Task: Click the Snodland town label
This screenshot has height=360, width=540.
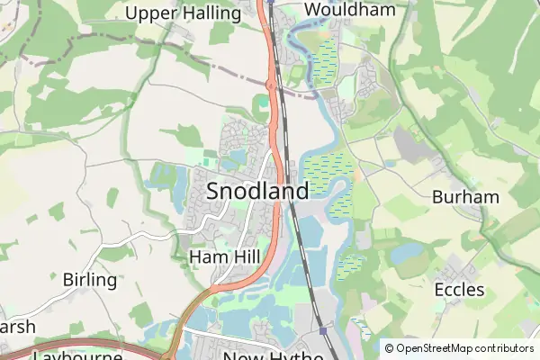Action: (257, 191)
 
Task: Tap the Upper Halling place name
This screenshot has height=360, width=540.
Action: (183, 13)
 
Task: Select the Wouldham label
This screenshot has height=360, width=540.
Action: (337, 10)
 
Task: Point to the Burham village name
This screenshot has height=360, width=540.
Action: (465, 196)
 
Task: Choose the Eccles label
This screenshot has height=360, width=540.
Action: (459, 290)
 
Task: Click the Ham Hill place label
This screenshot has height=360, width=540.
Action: (224, 257)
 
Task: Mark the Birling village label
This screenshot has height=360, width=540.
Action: (90, 280)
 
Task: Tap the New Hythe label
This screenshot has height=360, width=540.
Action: (273, 355)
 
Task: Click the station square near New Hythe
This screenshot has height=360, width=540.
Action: (323, 330)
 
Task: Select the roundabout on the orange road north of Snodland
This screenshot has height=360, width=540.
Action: (270, 85)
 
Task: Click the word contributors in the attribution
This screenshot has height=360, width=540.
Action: (508, 347)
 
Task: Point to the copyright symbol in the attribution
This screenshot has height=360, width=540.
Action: (389, 347)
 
